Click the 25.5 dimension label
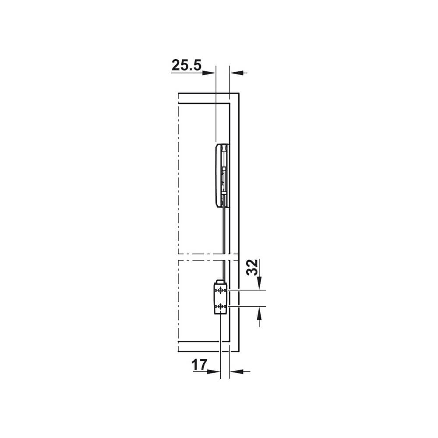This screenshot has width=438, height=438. point(186,65)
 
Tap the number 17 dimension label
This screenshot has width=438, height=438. point(199,365)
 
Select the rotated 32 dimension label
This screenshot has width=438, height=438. point(252,267)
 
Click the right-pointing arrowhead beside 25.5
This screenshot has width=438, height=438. point(209,73)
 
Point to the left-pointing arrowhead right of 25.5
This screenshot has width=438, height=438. point(237,73)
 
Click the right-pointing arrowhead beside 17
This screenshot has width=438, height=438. point(214,371)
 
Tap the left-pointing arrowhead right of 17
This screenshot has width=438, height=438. point(236,371)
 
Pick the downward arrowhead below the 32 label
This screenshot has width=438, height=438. point(259,283)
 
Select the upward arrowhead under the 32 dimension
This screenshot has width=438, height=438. point(259,314)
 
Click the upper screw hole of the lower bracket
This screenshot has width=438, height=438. point(221,291)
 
